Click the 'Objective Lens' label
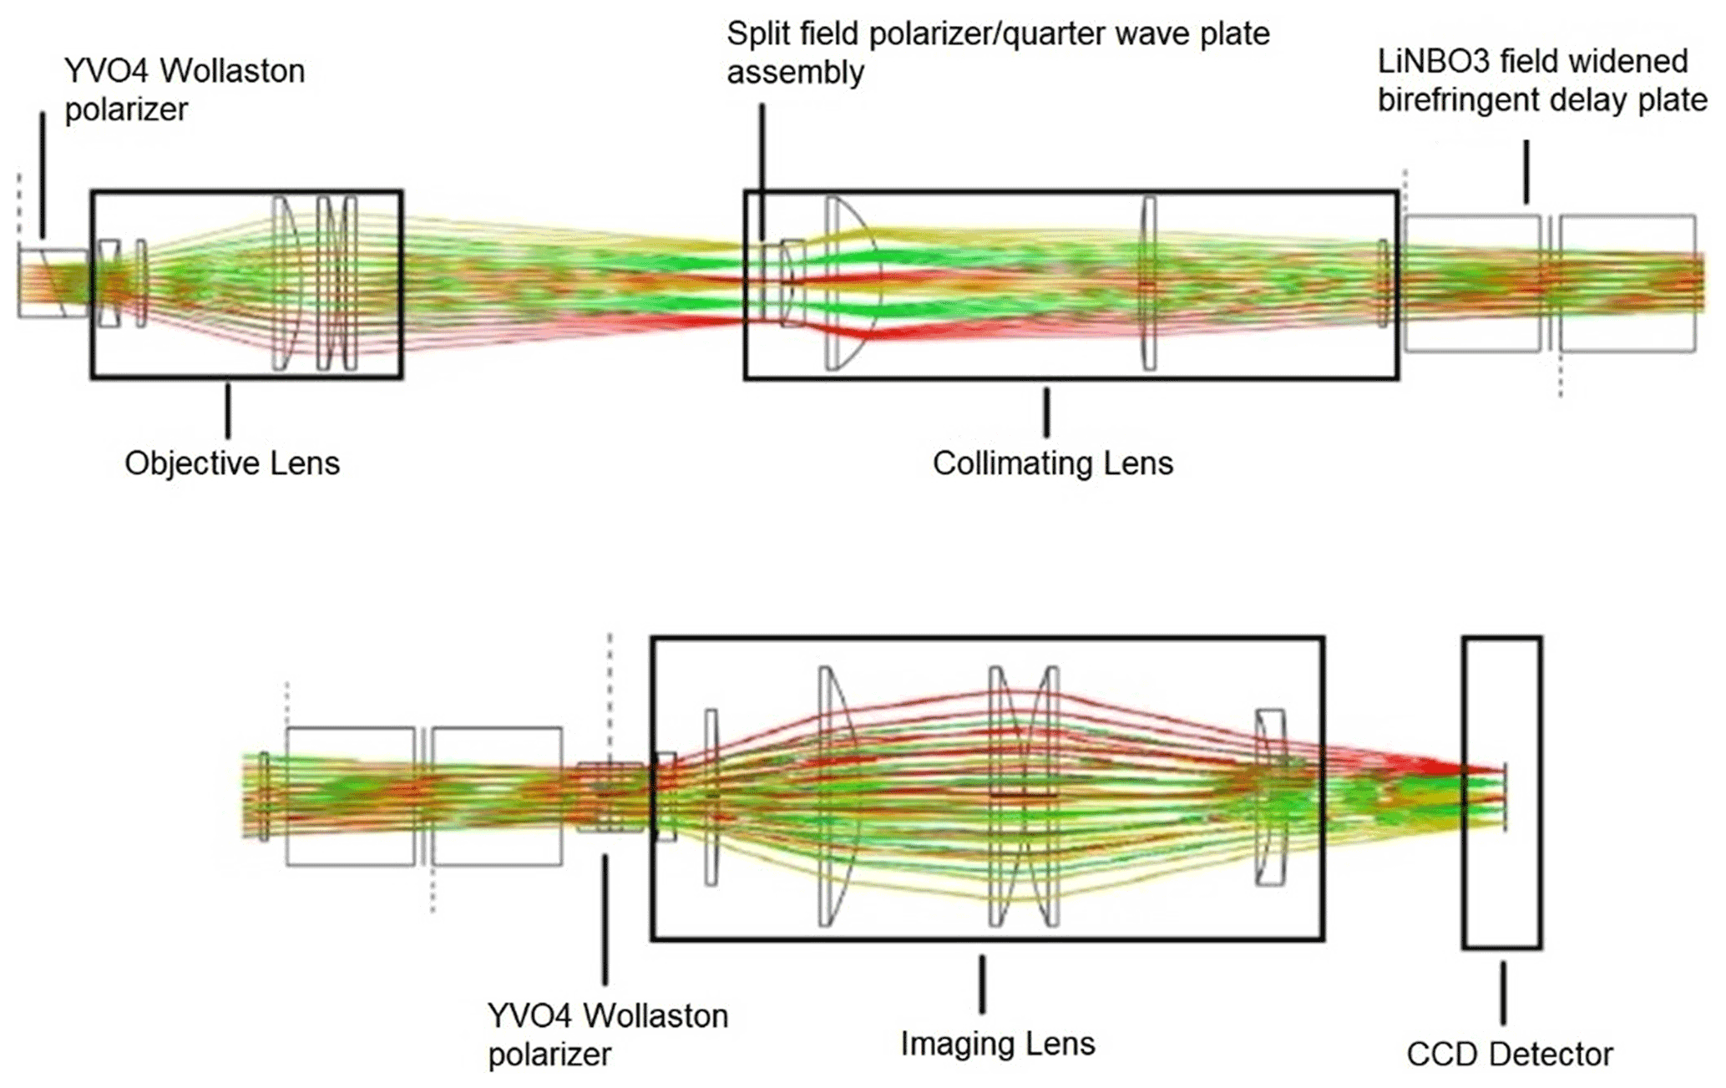[x=232, y=463]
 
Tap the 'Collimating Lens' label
[x=1052, y=463]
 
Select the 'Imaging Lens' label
[x=997, y=1044]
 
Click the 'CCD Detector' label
[x=1509, y=1055]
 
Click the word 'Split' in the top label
[x=757, y=35]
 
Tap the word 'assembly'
[x=795, y=73]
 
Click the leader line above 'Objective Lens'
[x=227, y=410]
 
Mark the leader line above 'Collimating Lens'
[x=1046, y=412]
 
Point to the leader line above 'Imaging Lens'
[x=982, y=984]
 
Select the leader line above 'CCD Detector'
[x=1503, y=993]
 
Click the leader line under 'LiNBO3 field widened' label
[x=1526, y=172]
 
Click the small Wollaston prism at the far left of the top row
[x=52, y=283]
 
